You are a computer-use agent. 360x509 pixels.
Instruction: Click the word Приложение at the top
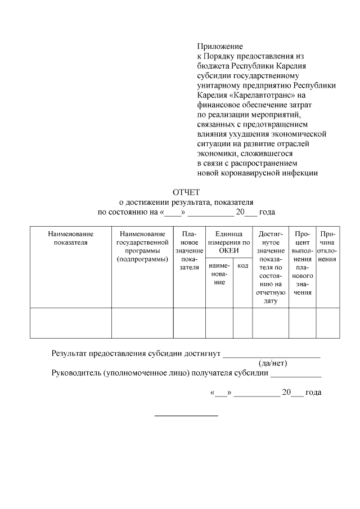(219, 46)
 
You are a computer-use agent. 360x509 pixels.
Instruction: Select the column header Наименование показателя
(70, 238)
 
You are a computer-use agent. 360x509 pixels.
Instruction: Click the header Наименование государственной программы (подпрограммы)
(142, 246)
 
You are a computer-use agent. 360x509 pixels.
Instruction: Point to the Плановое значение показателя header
(189, 250)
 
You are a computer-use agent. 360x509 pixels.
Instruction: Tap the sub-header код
(242, 265)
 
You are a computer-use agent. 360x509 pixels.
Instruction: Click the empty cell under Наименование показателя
(70, 322)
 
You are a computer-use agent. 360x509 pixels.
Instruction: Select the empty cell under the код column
(242, 322)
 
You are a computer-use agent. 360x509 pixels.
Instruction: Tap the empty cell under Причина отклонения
(327, 322)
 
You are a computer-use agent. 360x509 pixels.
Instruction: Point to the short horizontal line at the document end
(186, 416)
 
